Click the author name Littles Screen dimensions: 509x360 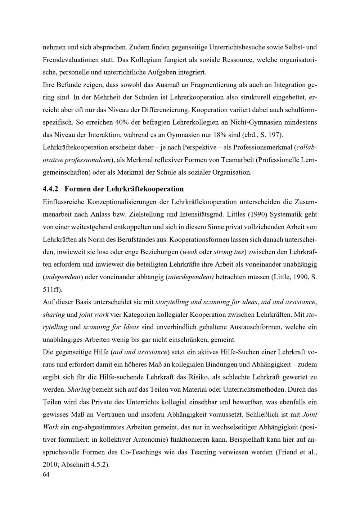[238, 214]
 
